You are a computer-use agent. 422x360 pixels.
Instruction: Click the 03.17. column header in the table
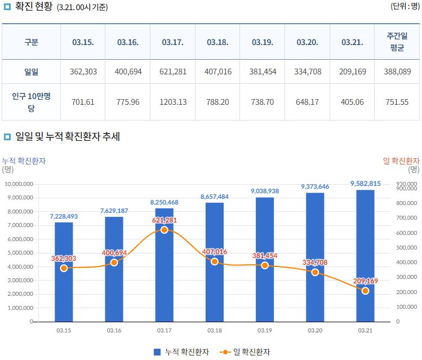pos(172,42)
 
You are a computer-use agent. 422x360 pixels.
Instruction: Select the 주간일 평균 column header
pos(397,42)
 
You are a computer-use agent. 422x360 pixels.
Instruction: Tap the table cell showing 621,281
pos(172,72)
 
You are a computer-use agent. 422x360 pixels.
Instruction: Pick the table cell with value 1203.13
pos(172,102)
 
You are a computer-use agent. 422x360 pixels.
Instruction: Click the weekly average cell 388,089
pos(397,72)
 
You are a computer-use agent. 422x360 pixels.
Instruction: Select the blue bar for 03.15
pos(64,282)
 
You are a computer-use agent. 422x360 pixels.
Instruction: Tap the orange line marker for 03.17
pos(164,230)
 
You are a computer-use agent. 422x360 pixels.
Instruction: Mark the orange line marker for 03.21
pos(365,291)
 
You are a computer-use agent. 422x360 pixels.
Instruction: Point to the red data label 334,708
pos(314,263)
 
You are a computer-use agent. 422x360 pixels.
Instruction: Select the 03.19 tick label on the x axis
pos(265,330)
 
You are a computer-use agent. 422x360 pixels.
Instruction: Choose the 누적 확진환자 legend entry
pos(181,352)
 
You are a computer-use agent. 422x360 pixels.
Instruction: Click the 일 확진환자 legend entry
pos(247,352)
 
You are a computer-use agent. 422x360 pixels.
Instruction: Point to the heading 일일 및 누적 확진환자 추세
pos(68,137)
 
